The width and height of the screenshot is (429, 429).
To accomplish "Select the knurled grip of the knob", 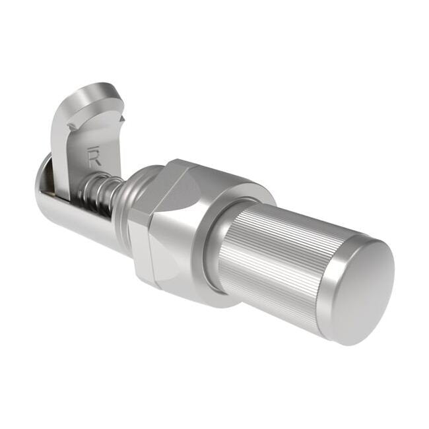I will [277, 257].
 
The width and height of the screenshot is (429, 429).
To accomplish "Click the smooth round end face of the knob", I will [367, 291].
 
